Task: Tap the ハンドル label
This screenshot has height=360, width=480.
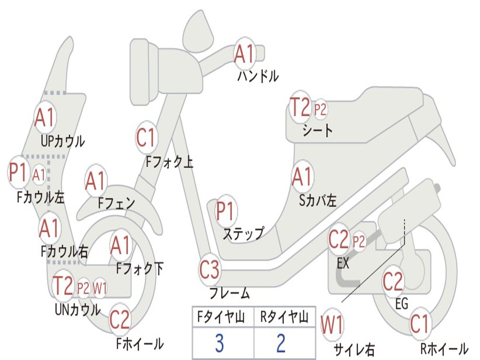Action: (x=258, y=76)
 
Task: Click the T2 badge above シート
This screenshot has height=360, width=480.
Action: (x=300, y=109)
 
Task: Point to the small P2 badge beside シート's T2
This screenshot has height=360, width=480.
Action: (x=321, y=110)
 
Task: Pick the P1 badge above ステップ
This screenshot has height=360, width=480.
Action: (x=226, y=211)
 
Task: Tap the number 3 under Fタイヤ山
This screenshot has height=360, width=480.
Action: (x=219, y=344)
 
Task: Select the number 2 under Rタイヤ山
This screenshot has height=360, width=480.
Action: (x=281, y=344)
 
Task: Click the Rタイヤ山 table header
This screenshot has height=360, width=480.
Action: (x=284, y=318)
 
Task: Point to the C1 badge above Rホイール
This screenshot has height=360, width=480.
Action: (x=420, y=323)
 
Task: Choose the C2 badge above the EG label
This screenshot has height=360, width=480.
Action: (x=393, y=282)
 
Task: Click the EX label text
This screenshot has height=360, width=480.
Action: (x=343, y=263)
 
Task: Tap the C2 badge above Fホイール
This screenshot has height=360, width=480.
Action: (x=120, y=319)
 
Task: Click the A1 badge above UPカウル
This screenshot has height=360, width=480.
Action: (x=45, y=118)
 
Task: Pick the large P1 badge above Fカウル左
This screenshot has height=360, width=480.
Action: (x=19, y=172)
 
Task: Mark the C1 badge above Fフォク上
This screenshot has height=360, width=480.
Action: (x=146, y=138)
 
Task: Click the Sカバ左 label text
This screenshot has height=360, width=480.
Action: (x=318, y=201)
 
